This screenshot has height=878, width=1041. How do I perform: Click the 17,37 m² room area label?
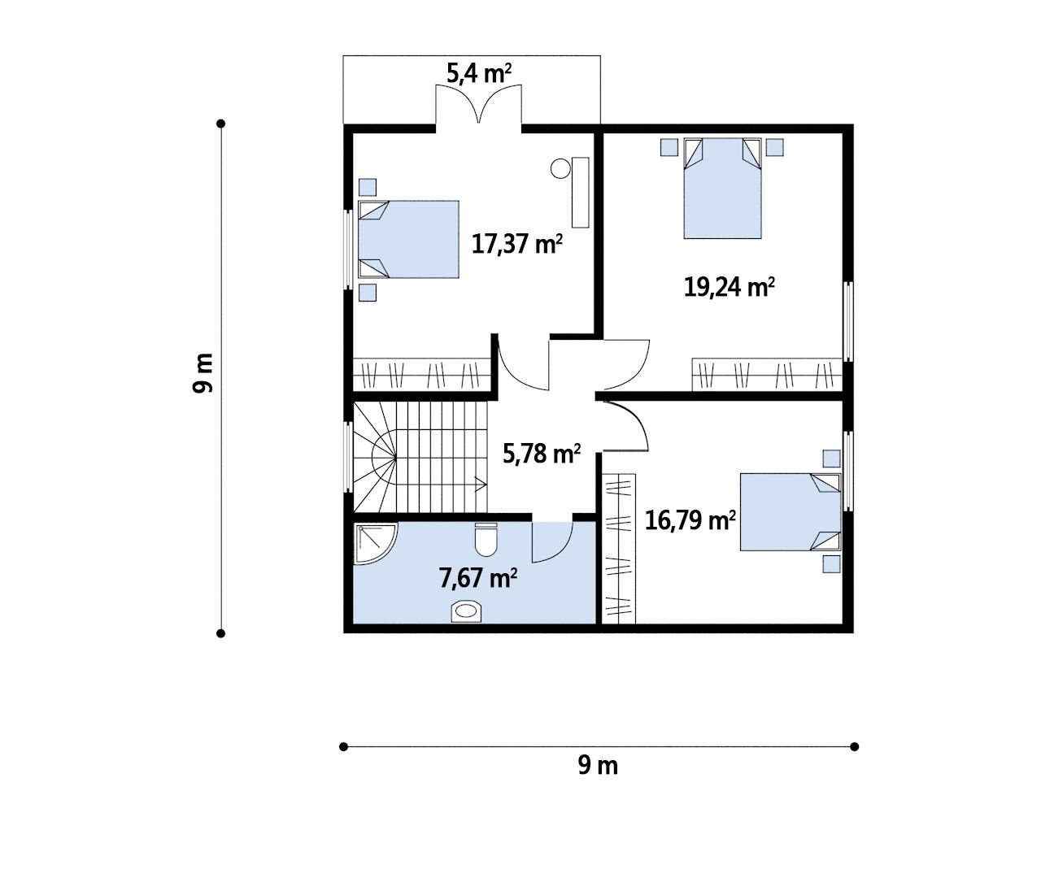tap(517, 244)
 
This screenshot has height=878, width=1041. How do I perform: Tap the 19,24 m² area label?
tap(729, 287)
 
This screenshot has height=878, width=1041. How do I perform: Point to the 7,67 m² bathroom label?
tap(477, 578)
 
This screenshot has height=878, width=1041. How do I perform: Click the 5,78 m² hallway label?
tap(542, 454)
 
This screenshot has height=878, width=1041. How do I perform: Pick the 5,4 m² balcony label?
tap(479, 73)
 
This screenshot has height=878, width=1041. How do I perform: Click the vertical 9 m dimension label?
tap(203, 373)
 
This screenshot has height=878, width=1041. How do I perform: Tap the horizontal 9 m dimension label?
tap(598, 765)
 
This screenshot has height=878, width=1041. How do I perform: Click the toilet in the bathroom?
tap(486, 539)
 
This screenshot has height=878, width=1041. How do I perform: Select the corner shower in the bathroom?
tap(375, 544)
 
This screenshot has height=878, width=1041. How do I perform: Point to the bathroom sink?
tap(466, 611)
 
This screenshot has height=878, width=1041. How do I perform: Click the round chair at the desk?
tap(560, 168)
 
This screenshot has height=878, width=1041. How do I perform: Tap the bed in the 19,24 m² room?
tap(722, 189)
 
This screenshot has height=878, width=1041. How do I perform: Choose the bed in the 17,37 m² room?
tap(408, 239)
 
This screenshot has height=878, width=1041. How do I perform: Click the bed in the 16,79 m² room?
tap(791, 511)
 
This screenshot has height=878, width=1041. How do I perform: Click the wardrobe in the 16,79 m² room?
tap(619, 548)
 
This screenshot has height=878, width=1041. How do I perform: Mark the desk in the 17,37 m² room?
tap(581, 193)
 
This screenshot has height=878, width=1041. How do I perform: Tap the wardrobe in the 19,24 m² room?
tap(767, 374)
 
